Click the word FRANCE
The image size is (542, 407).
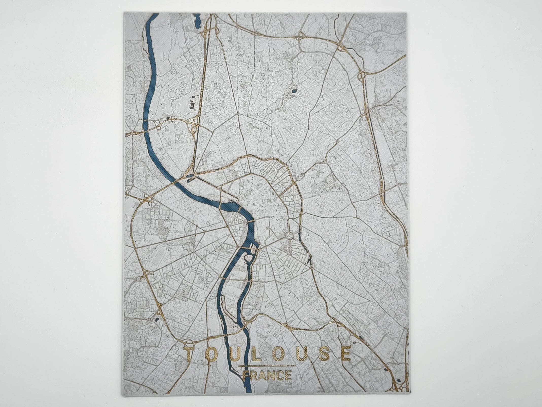[267, 376]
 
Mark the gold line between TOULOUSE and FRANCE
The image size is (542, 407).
[267, 366]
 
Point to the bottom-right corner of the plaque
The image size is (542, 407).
[409, 392]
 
